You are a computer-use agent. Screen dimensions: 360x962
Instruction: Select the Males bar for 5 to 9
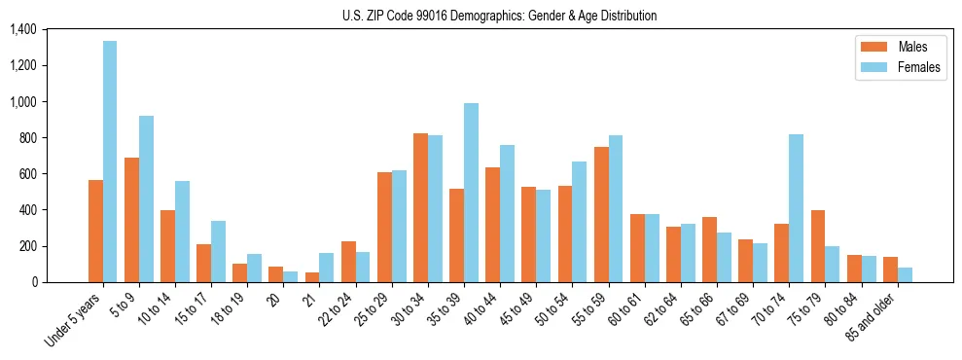(x=131, y=220)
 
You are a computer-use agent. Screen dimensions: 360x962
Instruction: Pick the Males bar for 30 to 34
(x=420, y=207)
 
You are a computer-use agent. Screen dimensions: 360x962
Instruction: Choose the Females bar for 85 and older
(x=905, y=274)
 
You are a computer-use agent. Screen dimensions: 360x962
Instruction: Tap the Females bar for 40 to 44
(x=507, y=213)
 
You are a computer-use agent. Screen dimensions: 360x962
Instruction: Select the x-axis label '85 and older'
(x=872, y=317)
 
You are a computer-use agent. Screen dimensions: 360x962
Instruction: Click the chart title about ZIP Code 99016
(x=499, y=16)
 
